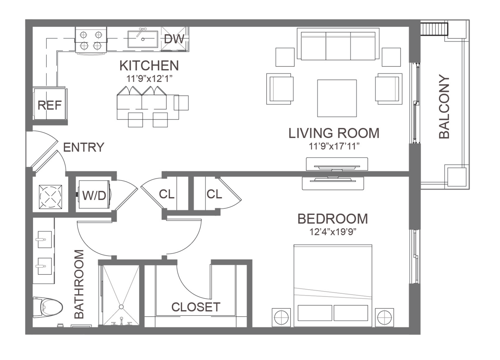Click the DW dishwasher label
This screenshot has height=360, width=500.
click(174, 39)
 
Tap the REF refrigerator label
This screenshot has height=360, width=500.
click(49, 105)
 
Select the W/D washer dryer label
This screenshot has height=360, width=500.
click(94, 195)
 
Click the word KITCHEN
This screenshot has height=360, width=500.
click(149, 65)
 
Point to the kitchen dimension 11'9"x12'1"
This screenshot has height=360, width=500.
click(149, 79)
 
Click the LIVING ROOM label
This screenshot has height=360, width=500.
click(334, 133)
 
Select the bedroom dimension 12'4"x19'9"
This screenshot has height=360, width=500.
click(332, 232)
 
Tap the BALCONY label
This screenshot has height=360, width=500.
click(444, 106)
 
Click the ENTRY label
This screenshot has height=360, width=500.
click(84, 147)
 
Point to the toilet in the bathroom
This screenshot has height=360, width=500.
click(48, 307)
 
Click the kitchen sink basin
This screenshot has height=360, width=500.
click(143, 39)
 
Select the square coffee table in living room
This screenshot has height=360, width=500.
click(337, 98)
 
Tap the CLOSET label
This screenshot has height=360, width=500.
click(196, 307)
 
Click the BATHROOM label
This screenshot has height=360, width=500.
click(79, 284)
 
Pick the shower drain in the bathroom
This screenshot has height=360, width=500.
click(121, 307)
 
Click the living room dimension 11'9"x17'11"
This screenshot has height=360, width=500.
click(334, 146)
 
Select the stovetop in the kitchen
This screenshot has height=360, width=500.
click(91, 40)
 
